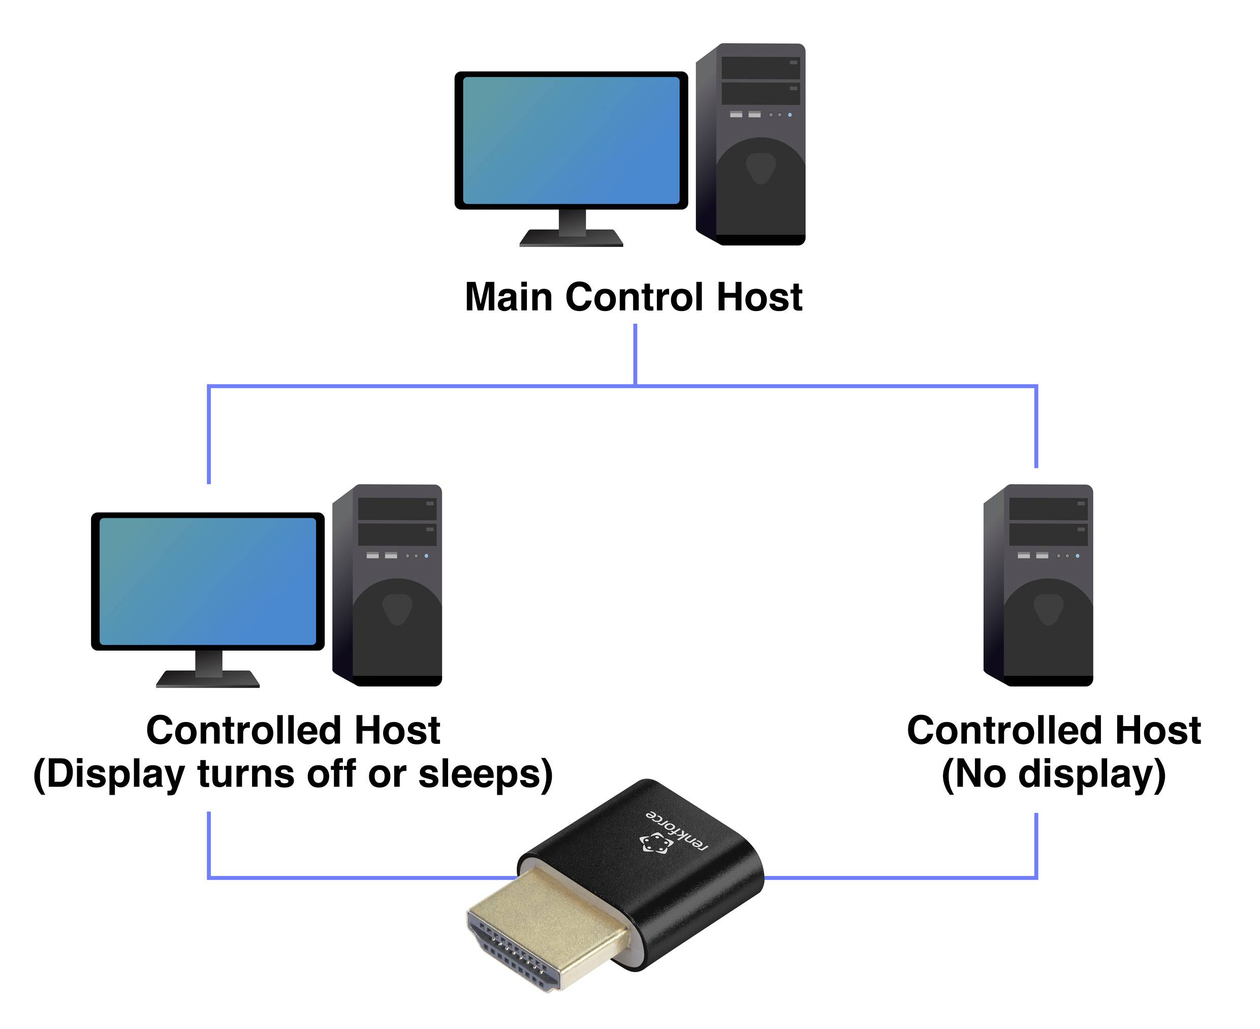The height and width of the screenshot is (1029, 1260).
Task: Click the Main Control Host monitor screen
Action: [571, 140]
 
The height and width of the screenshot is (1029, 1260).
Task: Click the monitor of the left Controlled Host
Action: [207, 581]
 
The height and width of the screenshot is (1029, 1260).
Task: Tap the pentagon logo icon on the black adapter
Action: [655, 844]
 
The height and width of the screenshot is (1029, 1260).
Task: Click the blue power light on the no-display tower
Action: [1078, 556]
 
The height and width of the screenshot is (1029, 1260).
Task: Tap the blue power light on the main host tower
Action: [790, 114]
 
